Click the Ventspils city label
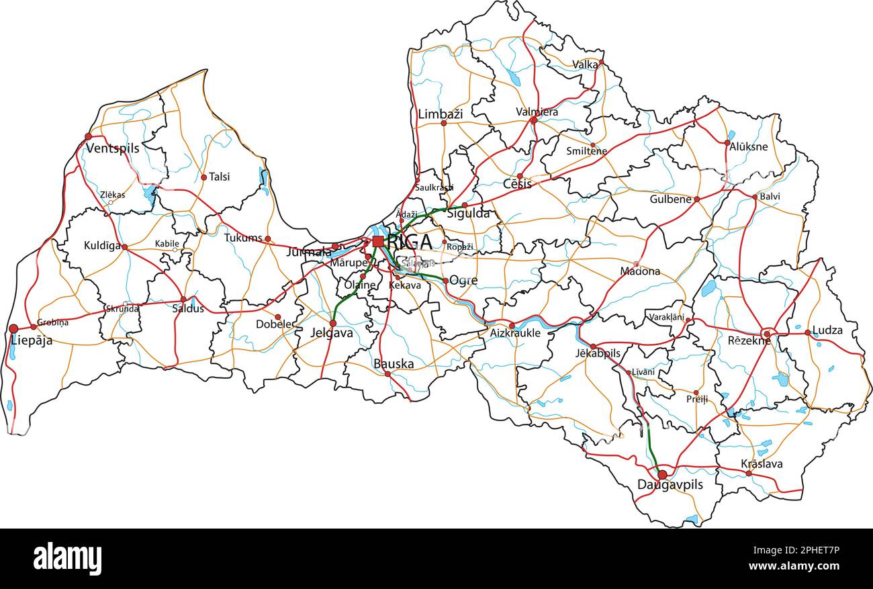coord(112,148)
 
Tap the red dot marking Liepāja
coord(13,328)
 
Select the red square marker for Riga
coord(378,241)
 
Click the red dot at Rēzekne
coord(767,333)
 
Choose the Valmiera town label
coord(537,111)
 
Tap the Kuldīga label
coord(103,246)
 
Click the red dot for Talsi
coord(203,177)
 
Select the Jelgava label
coord(331,332)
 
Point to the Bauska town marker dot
coord(387,373)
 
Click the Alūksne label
coord(748,148)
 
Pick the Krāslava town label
coord(761,464)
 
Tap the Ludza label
coord(827,330)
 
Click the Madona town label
coord(640,272)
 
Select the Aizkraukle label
coord(515,333)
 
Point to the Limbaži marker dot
coord(443,123)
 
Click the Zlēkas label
coord(112,195)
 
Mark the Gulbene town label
coord(670,199)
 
